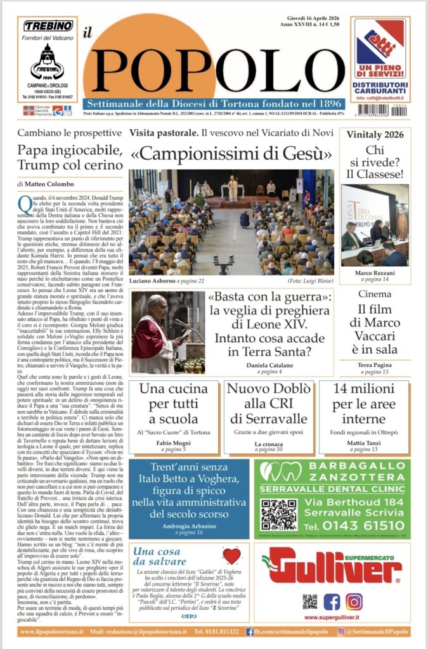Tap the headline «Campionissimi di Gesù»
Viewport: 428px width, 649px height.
231,154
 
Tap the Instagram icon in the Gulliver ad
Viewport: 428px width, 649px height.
354,601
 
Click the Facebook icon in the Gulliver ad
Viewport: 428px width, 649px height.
332,601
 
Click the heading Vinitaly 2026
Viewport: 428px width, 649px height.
374,134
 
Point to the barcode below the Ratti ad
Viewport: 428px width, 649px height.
380,110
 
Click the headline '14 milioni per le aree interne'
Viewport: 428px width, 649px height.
363,403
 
